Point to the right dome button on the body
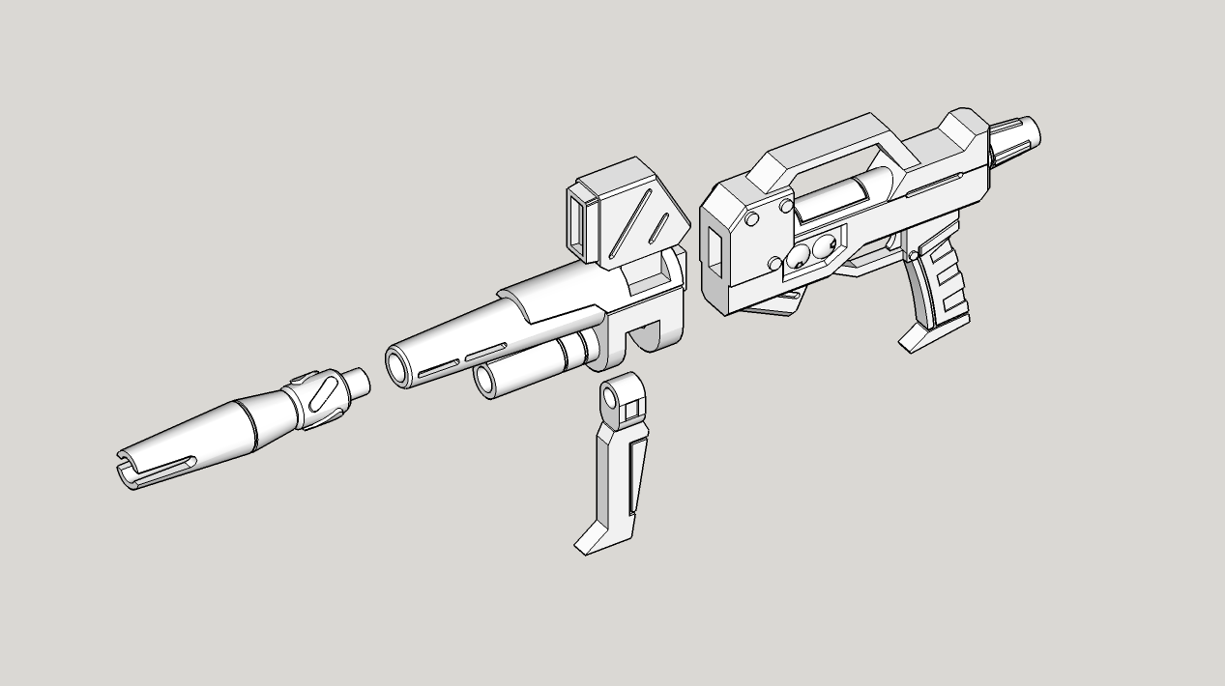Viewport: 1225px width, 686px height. coord(824,248)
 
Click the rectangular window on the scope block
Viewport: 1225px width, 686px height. coord(581,225)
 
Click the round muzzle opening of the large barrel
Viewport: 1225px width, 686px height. coord(397,365)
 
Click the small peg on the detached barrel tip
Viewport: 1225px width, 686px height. coord(357,383)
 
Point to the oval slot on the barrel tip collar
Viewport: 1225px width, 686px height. coord(326,396)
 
